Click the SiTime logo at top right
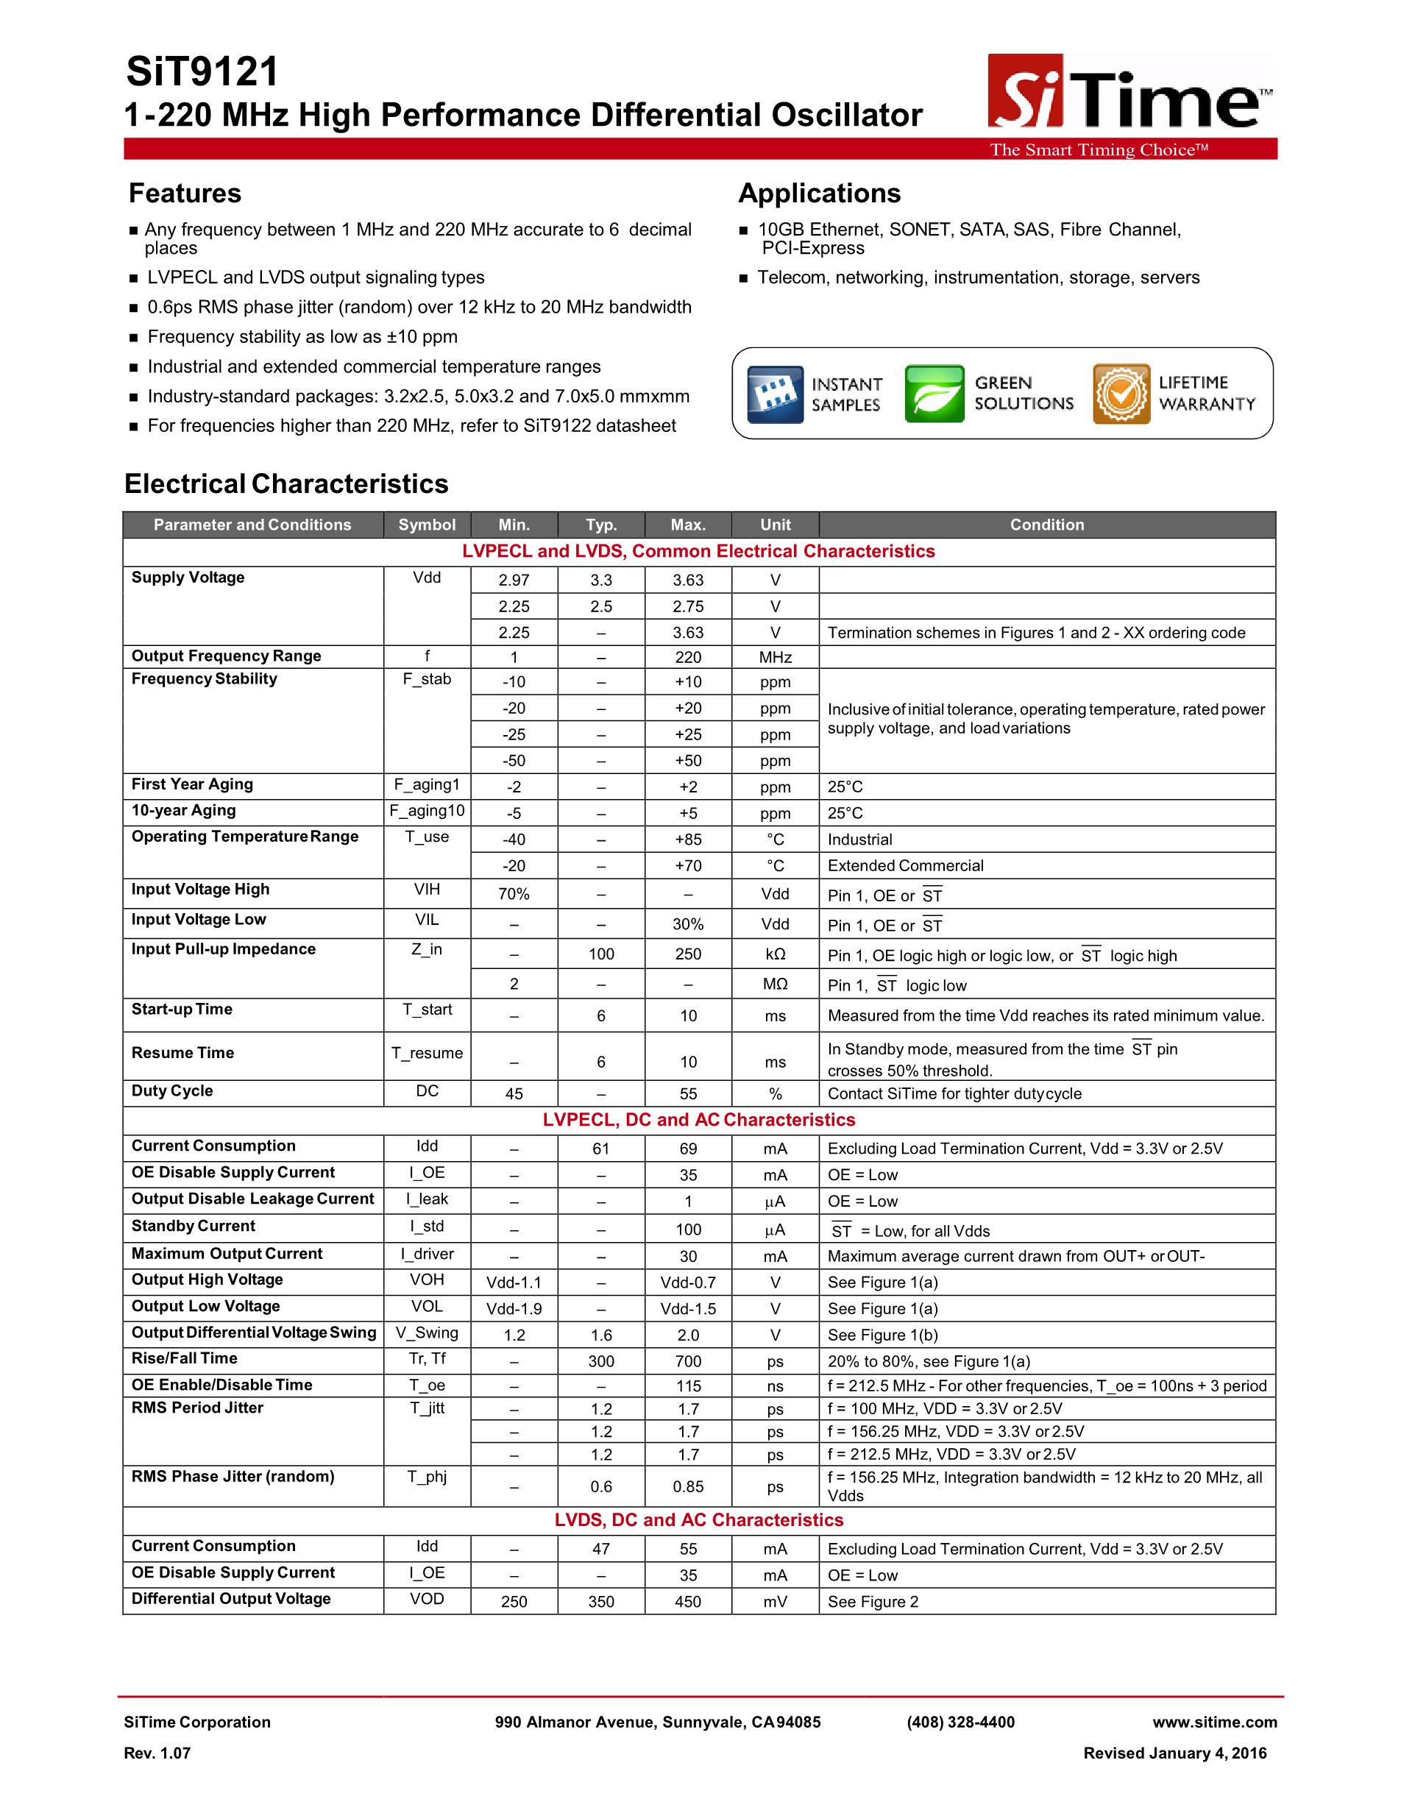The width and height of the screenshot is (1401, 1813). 1129,93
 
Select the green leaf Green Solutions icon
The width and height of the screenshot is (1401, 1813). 934,394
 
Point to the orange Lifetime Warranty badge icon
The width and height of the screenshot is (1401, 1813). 1121,394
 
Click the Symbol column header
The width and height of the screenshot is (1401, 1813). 427,525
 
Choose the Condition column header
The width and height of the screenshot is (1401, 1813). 1046,525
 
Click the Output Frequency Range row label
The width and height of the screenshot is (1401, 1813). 226,656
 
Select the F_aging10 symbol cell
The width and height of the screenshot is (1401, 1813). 427,811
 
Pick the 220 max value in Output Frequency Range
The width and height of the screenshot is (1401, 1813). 688,658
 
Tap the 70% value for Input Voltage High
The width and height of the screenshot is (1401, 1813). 514,894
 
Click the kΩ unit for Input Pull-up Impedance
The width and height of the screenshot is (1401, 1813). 776,954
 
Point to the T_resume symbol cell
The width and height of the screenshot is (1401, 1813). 427,1054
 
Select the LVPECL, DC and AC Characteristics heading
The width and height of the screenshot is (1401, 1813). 699,1120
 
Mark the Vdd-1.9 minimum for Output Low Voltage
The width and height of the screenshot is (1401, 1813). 514,1309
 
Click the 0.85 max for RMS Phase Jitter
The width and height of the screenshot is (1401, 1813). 688,1487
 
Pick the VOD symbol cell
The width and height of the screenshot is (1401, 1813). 427,1599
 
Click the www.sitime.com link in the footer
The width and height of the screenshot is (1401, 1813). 1214,1722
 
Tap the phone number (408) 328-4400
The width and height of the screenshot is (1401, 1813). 960,1722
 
